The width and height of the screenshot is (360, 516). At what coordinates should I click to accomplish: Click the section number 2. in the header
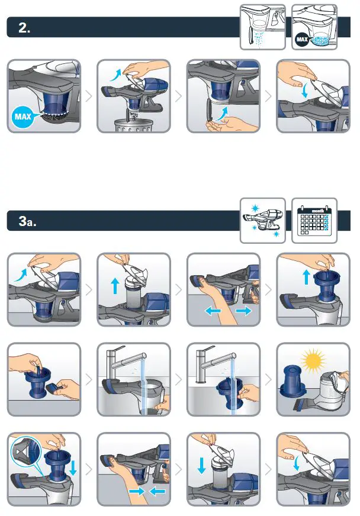pos(24,28)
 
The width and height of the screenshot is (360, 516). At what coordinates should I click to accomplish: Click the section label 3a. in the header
pos(27,221)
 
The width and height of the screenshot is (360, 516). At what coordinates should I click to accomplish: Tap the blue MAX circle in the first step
pos(23,117)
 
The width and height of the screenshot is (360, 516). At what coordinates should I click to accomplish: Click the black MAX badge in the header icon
pos(302,40)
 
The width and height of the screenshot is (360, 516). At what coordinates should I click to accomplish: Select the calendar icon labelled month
pos(314,221)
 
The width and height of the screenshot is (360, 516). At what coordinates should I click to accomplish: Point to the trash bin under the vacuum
pos(133,126)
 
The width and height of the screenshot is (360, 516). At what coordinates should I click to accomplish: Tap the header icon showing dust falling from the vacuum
pos(262,27)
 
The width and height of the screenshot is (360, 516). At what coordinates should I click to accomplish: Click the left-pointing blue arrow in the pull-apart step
pos(213,310)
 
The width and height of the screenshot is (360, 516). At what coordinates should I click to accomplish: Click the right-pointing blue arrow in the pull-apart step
pos(243,310)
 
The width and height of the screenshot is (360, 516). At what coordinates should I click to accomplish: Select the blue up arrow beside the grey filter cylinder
pos(115,286)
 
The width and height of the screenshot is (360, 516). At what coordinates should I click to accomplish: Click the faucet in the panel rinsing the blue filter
pos(211,363)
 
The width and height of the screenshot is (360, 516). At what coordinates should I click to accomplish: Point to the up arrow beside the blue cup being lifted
pos(306,277)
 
